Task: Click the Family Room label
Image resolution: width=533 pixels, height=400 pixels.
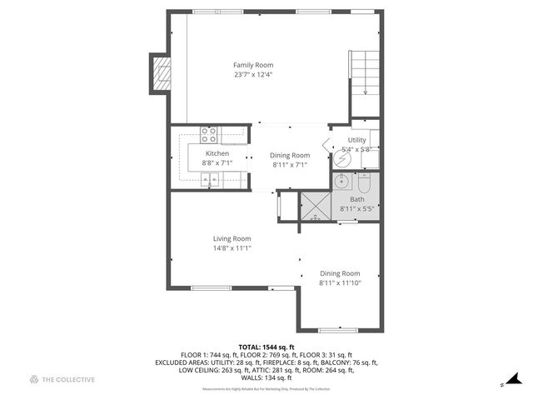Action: point(252,65)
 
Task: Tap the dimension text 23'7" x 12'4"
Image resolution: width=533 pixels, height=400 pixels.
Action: point(252,75)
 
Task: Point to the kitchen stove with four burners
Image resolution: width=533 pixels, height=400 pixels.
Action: point(209,134)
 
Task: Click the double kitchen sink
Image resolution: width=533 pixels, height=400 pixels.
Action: point(211,179)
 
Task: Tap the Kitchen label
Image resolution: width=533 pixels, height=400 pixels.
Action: point(217,153)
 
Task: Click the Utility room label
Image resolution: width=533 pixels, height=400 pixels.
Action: point(357,140)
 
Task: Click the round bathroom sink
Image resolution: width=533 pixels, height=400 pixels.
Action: point(341,181)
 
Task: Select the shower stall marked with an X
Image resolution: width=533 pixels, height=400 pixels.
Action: point(316,206)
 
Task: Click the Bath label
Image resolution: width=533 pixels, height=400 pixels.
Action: point(357,199)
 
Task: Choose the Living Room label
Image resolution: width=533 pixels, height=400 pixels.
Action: point(232,238)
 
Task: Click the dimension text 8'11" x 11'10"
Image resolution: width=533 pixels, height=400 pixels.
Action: point(340,282)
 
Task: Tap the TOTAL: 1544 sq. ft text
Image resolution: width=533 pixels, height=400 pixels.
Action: point(266,347)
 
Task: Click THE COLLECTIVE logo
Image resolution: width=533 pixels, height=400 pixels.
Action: point(62,380)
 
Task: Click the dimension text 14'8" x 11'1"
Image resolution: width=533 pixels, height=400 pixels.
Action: point(232,247)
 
